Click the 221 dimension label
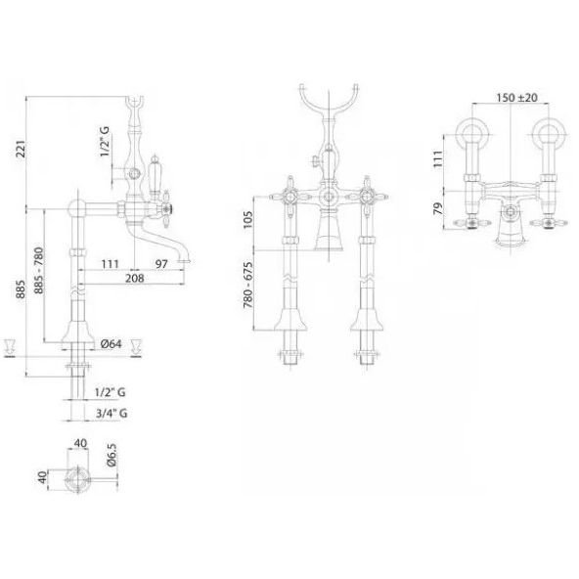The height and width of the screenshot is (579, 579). (x=22, y=149)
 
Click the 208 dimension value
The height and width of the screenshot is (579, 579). (x=134, y=278)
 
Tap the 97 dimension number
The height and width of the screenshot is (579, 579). (x=161, y=264)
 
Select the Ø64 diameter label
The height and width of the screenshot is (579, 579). (x=111, y=344)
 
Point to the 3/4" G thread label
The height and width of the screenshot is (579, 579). (x=111, y=413)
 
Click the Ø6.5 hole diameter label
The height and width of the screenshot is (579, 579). (x=111, y=455)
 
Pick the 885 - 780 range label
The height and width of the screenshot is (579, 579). (x=38, y=271)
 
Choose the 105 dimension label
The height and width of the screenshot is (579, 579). (x=247, y=219)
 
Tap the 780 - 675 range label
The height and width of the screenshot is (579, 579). (x=247, y=285)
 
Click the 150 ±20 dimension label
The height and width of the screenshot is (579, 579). (x=516, y=98)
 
